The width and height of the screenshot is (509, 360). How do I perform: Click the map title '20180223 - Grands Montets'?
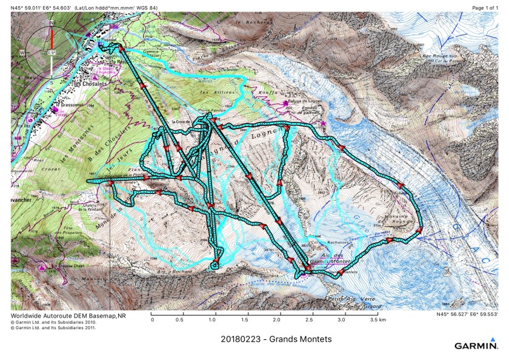click(x=276, y=339)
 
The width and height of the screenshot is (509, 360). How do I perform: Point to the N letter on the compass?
click(x=52, y=23)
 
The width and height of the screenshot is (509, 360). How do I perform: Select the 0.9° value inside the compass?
click(x=52, y=52)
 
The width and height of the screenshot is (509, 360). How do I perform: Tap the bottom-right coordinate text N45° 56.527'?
click(x=467, y=315)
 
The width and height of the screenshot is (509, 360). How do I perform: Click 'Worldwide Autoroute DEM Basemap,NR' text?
click(x=68, y=316)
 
